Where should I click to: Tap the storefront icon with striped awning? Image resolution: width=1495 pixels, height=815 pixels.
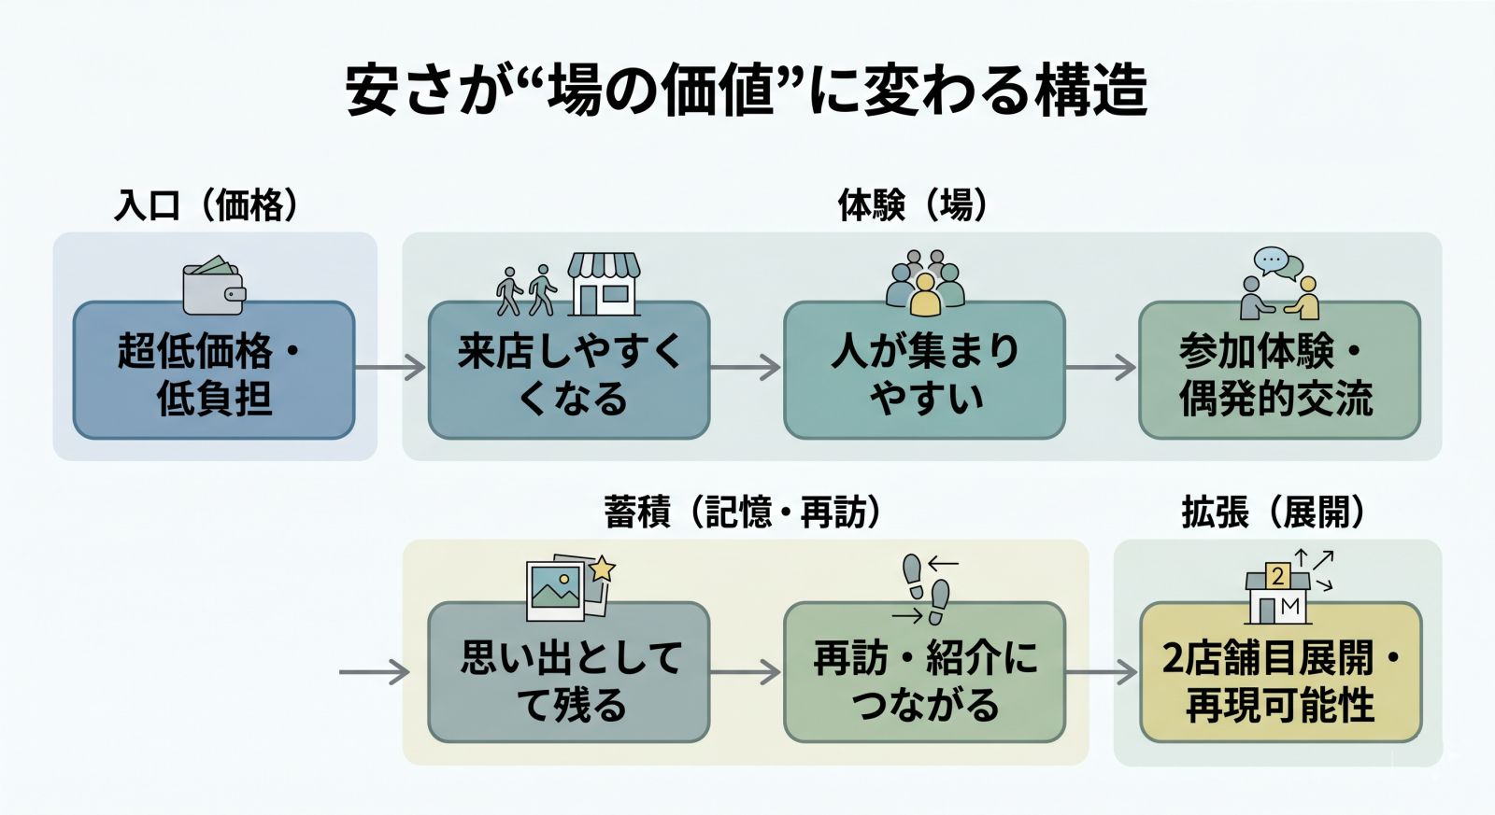[x=604, y=284]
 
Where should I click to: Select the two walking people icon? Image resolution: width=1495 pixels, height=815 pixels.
[x=526, y=290]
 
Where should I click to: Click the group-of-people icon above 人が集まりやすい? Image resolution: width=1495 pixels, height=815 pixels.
[x=924, y=283]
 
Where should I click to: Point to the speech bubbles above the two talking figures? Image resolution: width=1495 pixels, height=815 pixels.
[x=1276, y=263]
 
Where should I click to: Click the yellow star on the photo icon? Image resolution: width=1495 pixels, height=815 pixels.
[x=603, y=568]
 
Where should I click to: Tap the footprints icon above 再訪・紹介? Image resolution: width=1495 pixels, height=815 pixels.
[x=926, y=588]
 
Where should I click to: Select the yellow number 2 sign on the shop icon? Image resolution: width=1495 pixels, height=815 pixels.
[x=1277, y=576]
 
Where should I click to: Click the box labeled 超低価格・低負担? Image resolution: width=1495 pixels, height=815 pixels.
[x=214, y=371]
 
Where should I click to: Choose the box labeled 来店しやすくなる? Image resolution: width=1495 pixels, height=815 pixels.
[x=569, y=371]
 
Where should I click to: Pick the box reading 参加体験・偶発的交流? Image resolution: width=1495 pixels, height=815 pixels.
[x=1279, y=371]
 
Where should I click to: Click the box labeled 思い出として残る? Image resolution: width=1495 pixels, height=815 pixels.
[x=569, y=673]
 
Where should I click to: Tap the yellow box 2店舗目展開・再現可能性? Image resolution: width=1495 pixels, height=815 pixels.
[x=1280, y=673]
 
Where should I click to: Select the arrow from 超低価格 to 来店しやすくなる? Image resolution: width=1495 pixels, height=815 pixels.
[x=390, y=367]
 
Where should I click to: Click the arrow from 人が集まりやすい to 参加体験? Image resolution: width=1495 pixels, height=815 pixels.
[x=1101, y=367]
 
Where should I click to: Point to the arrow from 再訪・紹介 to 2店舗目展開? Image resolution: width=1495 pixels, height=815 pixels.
[x=1101, y=671]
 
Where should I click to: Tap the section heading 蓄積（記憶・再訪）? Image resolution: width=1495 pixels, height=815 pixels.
[x=742, y=512]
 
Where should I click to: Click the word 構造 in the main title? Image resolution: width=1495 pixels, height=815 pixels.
[x=1092, y=91]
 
